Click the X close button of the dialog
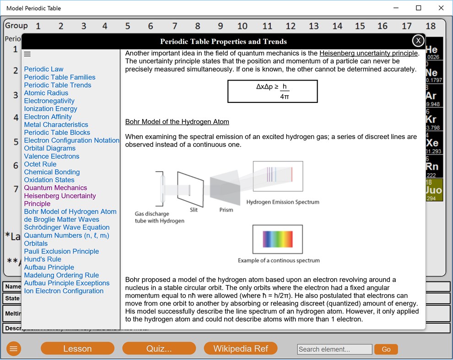(418, 41)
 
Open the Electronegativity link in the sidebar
(49, 101)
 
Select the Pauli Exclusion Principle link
(61, 252)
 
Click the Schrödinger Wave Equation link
(67, 227)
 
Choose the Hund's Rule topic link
(43, 259)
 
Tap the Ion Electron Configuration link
(64, 291)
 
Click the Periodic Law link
(44, 69)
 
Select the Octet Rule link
(40, 164)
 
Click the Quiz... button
(159, 349)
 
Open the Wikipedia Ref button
(241, 349)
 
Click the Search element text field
(334, 349)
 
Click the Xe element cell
(434, 143)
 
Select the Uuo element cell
(434, 190)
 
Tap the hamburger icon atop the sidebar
(27, 54)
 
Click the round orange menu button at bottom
(14, 349)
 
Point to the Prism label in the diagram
(226, 210)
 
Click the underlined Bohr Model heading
(177, 122)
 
